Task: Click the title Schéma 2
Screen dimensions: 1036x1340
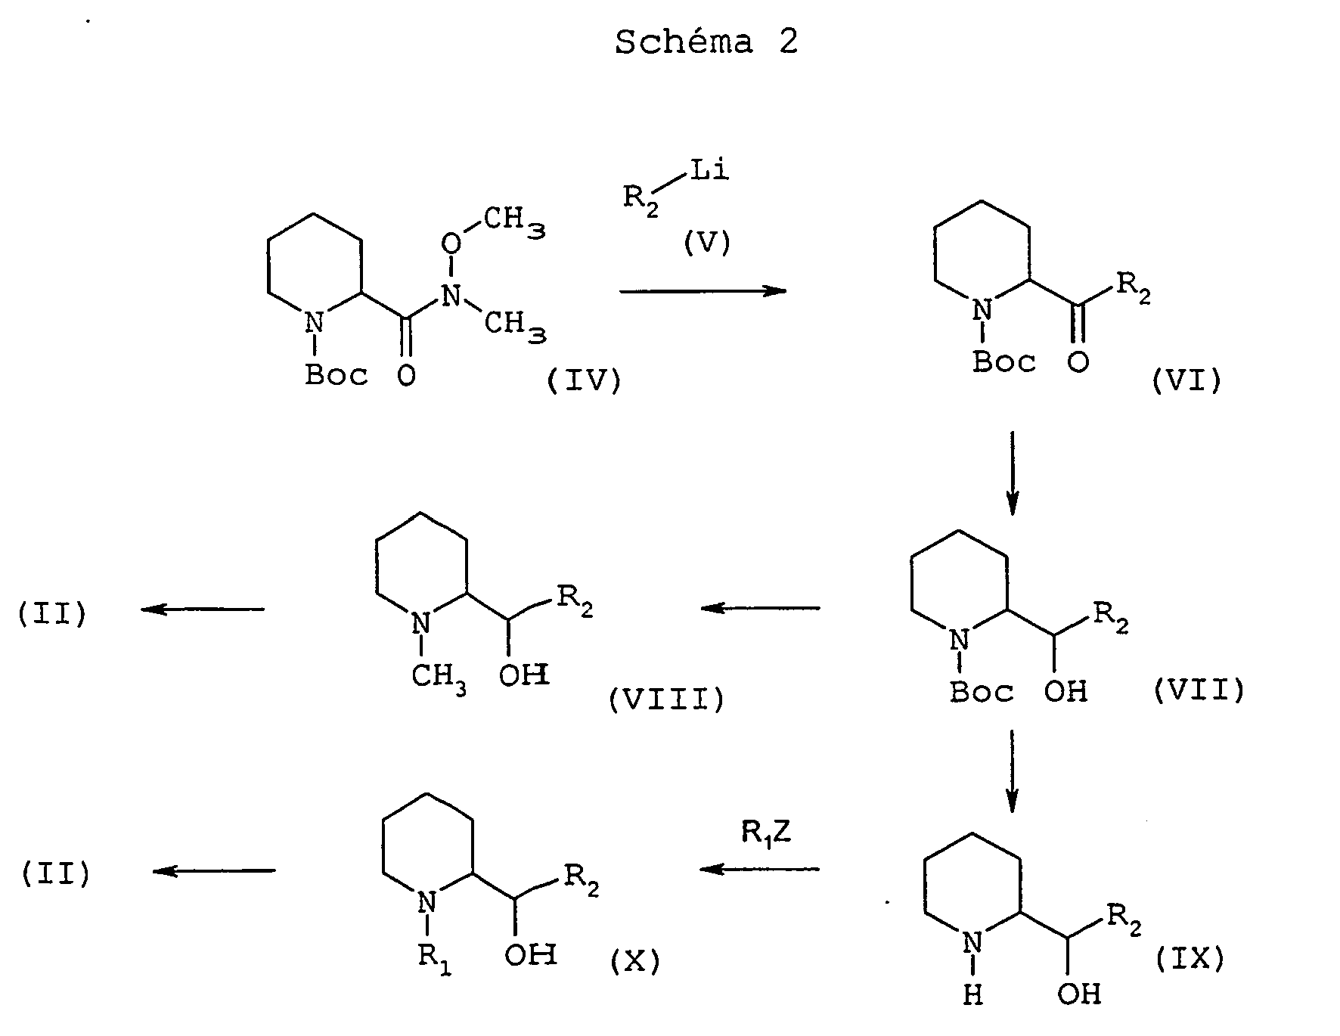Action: [x=706, y=42]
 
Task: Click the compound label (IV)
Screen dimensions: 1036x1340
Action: [x=584, y=381]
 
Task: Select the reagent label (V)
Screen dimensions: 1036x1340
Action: [x=707, y=243]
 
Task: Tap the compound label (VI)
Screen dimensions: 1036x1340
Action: [x=1186, y=381]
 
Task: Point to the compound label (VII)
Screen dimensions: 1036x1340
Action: [x=1199, y=690]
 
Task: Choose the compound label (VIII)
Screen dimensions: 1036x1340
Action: [x=666, y=700]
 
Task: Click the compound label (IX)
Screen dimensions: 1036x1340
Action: [x=1190, y=959]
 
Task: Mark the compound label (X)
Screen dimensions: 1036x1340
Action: [x=634, y=961]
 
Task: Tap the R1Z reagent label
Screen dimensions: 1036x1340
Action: [x=765, y=834]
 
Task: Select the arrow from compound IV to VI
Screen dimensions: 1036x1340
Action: [x=703, y=291]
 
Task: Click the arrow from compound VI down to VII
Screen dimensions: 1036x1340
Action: [x=1013, y=473]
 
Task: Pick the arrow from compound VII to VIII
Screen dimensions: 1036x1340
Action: [x=760, y=608]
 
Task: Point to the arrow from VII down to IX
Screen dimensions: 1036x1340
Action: [x=1013, y=771]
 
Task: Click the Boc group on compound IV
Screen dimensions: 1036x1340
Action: [x=337, y=375]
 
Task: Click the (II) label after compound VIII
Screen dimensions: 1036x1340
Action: [x=53, y=613]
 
